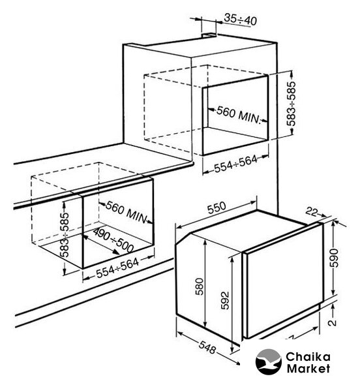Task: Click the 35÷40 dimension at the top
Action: click(241, 20)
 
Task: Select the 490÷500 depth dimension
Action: click(113, 240)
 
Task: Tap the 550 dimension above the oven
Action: click(217, 208)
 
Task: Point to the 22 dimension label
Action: click(312, 211)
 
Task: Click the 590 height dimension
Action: click(334, 258)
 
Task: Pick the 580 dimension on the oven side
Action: click(200, 286)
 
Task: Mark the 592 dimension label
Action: click(224, 300)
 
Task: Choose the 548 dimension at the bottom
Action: click(207, 348)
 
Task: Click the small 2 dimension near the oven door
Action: click(333, 322)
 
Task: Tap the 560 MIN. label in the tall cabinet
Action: click(238, 115)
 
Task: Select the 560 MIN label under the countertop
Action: click(127, 212)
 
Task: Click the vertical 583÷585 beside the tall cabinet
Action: click(292, 103)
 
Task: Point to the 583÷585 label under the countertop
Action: click(65, 234)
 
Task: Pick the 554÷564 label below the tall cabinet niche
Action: click(236, 164)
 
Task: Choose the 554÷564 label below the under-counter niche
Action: click(117, 268)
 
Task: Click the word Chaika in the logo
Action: click(308, 357)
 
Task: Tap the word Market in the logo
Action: click(308, 369)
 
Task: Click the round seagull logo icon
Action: click(268, 362)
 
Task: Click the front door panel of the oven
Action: click(284, 280)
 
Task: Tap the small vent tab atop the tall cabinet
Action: click(209, 35)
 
